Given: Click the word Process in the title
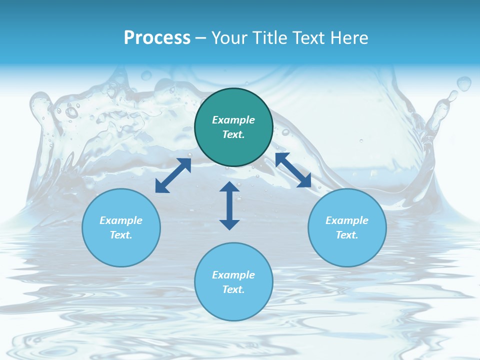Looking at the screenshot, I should click(157, 38).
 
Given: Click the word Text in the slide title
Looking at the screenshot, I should click(310, 38).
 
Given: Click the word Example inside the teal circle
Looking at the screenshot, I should click(233, 120).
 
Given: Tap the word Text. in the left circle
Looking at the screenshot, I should click(121, 235).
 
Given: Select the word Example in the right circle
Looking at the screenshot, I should click(347, 220).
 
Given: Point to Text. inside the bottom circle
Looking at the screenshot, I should click(233, 289).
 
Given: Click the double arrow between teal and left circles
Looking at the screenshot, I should click(173, 175).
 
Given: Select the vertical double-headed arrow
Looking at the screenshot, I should click(229, 205).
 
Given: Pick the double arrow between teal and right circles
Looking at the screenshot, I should click(293, 170).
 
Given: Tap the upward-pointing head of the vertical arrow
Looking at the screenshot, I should click(229, 186).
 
